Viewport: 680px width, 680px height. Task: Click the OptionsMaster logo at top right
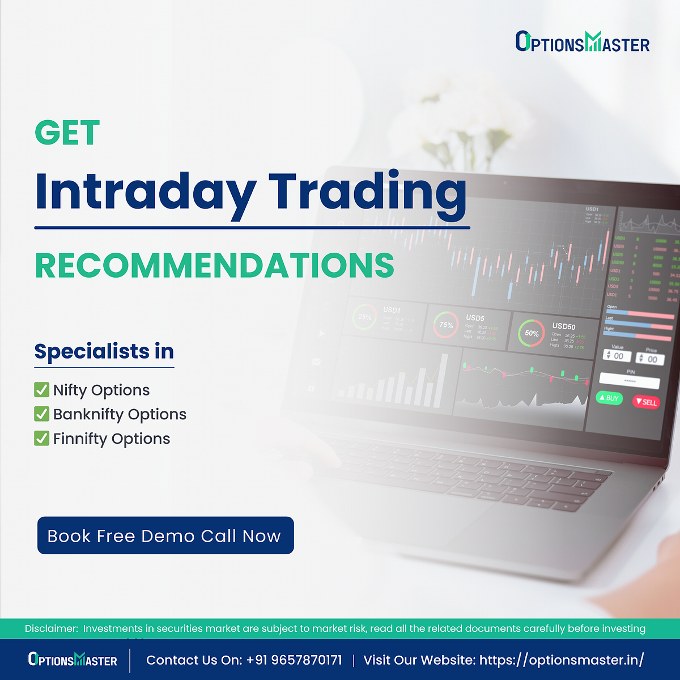pos(582,42)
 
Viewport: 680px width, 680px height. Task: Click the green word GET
pos(67,133)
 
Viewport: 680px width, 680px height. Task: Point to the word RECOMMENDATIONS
pos(214,265)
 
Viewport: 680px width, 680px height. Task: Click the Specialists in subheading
pos(104,351)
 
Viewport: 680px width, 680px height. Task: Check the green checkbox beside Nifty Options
pos(41,390)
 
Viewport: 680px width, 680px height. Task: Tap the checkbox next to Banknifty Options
pos(41,414)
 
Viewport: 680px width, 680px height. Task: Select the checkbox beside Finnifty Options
pos(41,439)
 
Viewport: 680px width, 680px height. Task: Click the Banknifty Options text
pos(120,414)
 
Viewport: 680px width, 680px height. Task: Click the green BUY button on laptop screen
pos(609,398)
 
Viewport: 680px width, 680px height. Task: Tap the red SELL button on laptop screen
pos(646,402)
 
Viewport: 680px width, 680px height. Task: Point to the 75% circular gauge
pos(446,325)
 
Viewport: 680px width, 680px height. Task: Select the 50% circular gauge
pos(532,333)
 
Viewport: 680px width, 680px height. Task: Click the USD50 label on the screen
pos(563,326)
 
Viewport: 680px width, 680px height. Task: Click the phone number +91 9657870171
pos(294,660)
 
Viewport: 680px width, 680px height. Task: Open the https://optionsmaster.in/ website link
pos(561,660)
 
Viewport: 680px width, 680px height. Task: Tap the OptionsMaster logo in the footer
pos(73,660)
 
